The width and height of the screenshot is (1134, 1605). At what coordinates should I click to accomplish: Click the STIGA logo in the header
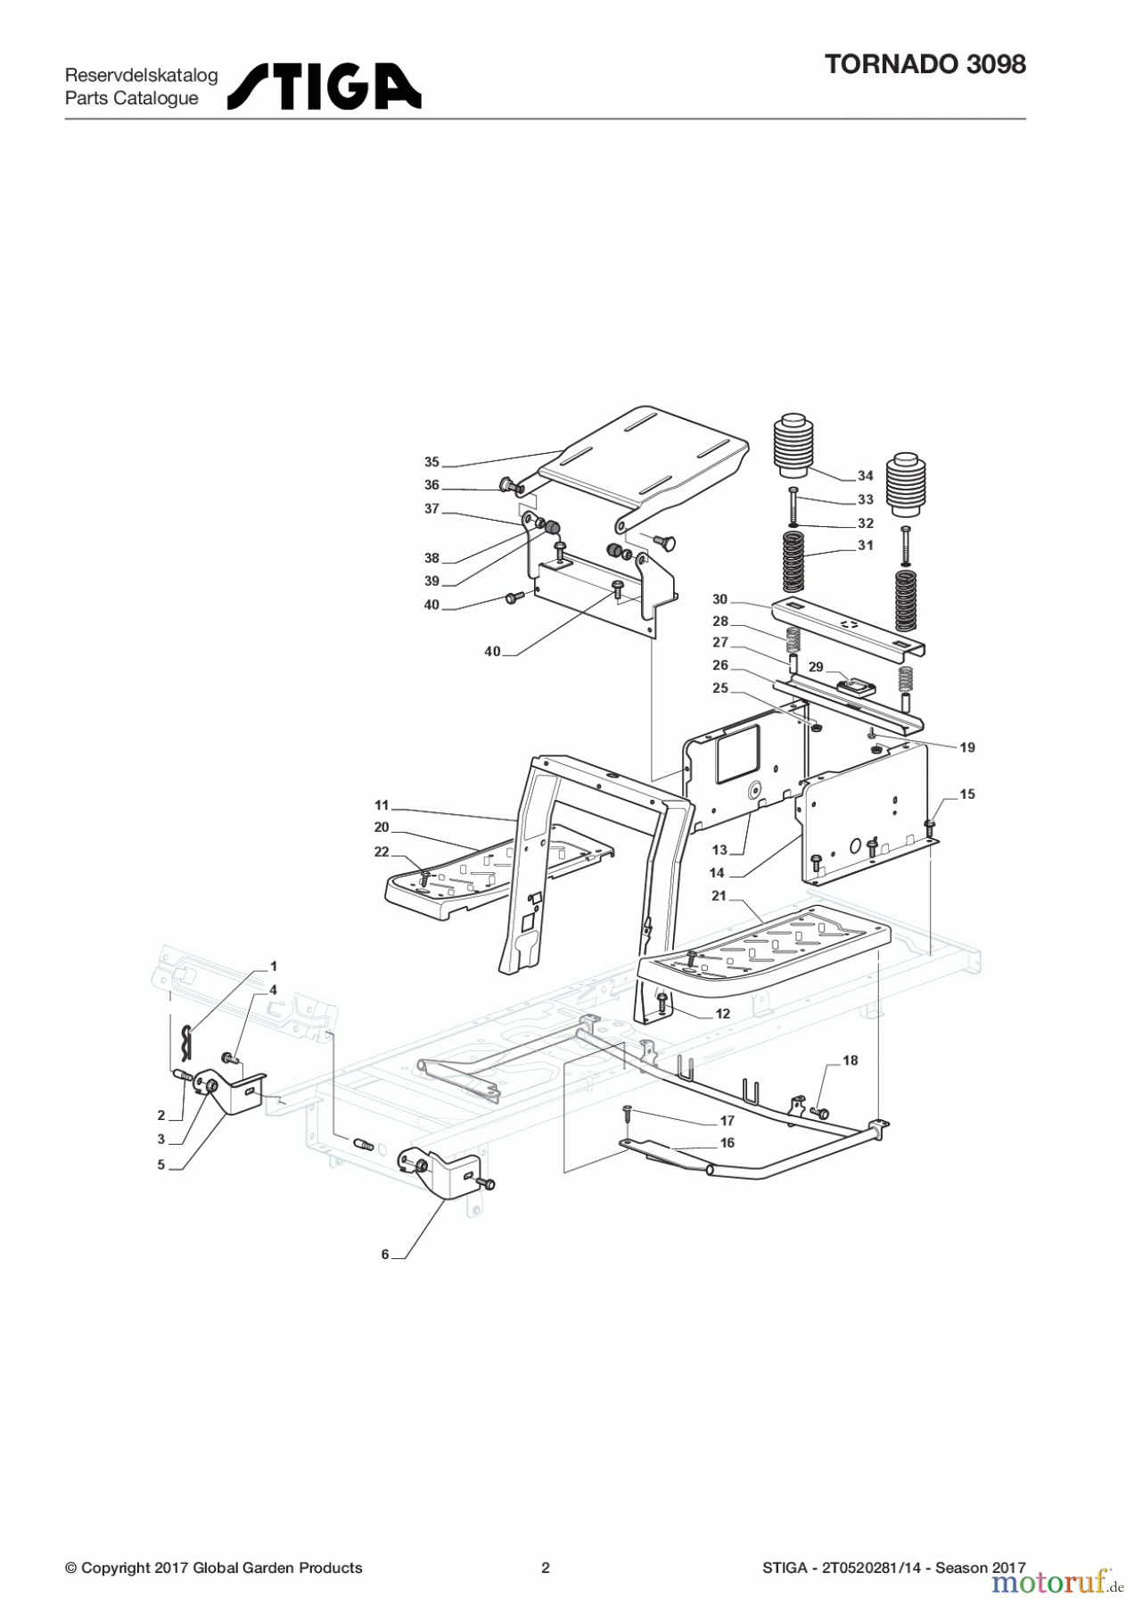coord(324,86)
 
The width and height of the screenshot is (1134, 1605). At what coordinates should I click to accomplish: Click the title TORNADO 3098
coord(925,64)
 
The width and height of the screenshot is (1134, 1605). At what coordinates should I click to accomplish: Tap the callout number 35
coord(431,462)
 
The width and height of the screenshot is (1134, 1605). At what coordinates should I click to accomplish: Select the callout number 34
coord(865,475)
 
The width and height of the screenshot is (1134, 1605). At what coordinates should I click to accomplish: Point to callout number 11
coord(382,805)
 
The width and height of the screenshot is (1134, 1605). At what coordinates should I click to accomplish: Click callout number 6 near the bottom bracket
coord(385,1255)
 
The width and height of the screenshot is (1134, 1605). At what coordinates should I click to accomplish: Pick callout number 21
coord(719,895)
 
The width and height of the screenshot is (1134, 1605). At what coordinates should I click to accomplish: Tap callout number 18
coord(850,1060)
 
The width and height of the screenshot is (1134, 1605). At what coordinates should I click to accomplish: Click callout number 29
coord(815,667)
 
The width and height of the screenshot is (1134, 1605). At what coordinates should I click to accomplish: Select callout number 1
coord(274,966)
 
